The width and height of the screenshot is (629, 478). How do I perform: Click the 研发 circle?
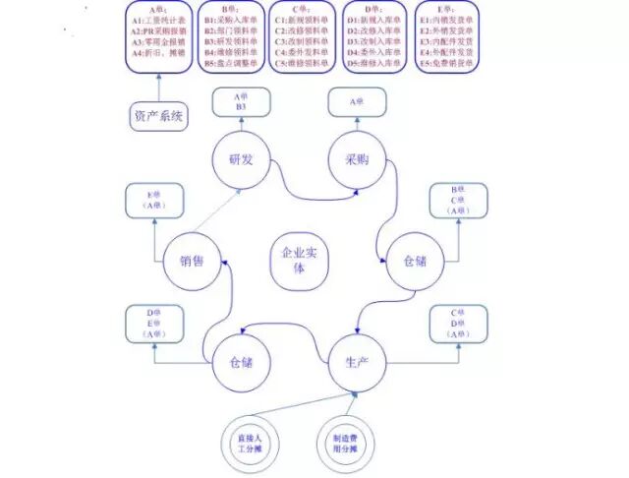click(241, 160)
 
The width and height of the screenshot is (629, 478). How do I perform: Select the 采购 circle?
click(355, 159)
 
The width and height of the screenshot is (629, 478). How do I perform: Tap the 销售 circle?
click(191, 261)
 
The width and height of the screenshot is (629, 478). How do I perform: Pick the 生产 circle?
click(355, 363)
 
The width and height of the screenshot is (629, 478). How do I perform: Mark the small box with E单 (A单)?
click(154, 201)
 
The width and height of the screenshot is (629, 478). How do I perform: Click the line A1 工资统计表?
click(158, 20)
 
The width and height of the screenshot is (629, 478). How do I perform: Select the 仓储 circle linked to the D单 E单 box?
click(241, 363)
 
